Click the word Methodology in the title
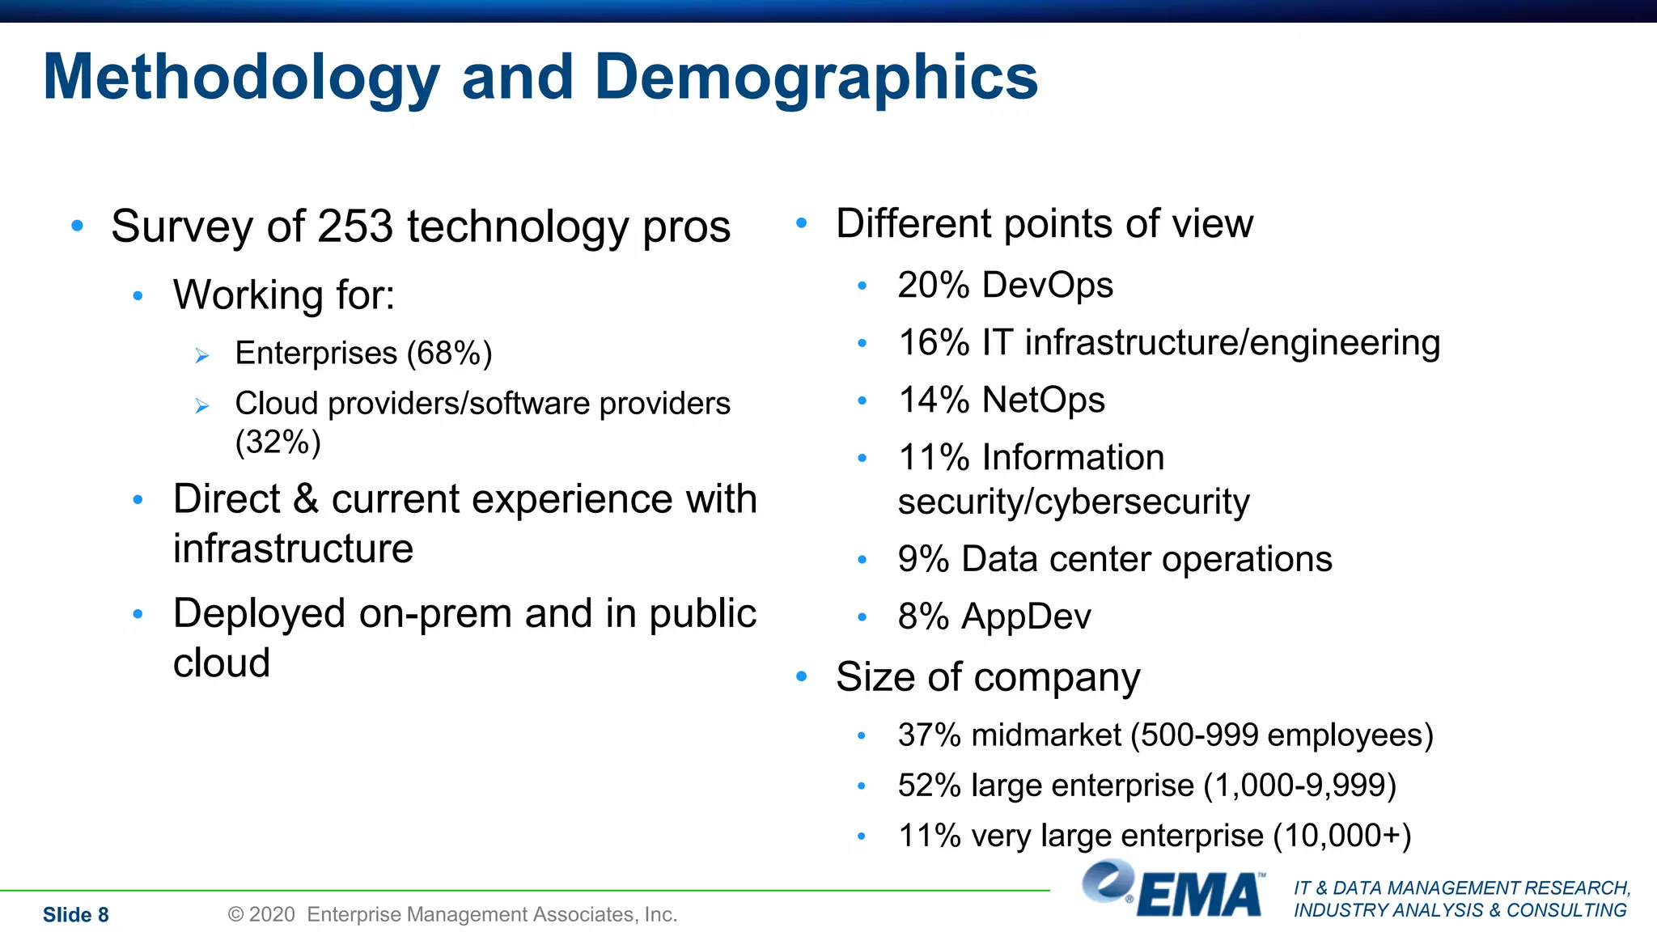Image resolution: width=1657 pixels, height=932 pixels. pos(241,78)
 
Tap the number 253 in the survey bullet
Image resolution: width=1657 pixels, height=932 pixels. pos(355,227)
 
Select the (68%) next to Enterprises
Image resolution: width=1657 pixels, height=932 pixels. pos(449,354)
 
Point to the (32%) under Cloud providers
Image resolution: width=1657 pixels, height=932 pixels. pos(278,443)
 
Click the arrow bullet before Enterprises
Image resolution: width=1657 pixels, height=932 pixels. pos(202,355)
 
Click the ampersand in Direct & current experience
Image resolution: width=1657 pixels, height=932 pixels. pos(306,499)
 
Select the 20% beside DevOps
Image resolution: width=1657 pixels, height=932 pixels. pos(933,286)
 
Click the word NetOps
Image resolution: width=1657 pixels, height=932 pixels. pos(1043,400)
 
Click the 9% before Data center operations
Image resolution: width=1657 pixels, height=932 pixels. pos(923,560)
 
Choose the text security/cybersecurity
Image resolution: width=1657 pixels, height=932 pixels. pos(1073,502)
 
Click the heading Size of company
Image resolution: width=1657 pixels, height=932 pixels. pos(987,677)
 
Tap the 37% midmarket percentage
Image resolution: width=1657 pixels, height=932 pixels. pos(929,735)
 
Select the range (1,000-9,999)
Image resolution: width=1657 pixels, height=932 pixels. pos(1299,786)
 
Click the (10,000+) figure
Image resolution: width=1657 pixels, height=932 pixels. pos(1341,836)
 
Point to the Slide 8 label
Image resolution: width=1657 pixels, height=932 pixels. pos(75,915)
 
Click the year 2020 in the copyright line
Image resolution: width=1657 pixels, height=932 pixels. pos(272,915)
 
